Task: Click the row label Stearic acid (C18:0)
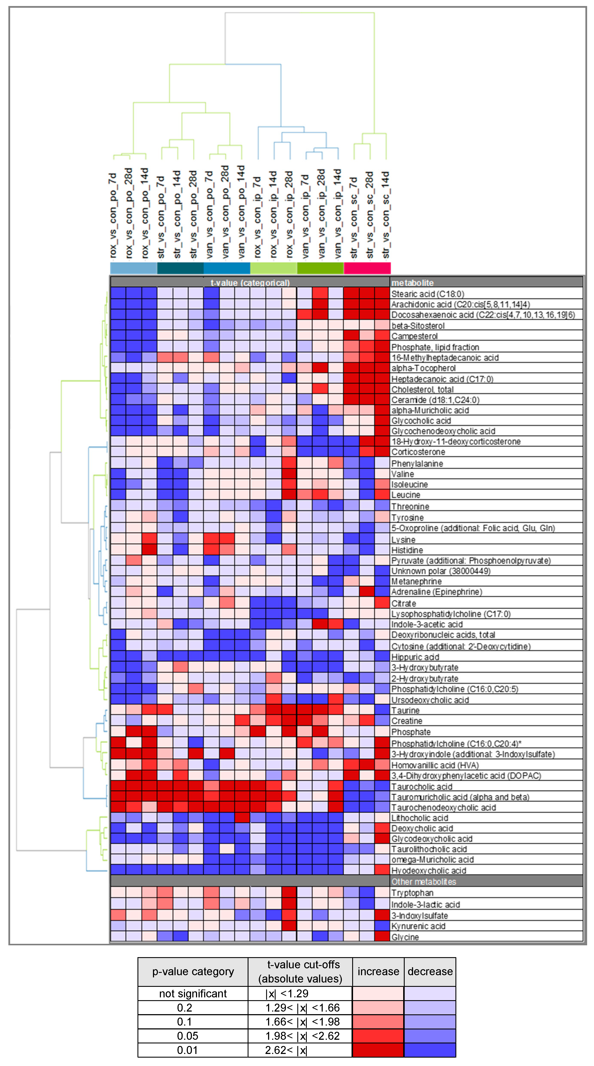pos(428,294)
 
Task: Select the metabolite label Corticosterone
pos(418,452)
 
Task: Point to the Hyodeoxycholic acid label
pos(428,871)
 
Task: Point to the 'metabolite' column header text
pos(412,283)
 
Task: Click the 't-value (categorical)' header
pos(250,283)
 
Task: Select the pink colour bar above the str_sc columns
pos(367,268)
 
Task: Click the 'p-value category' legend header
pos(193,971)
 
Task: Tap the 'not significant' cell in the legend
pos(193,993)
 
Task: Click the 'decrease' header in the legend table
pos(430,971)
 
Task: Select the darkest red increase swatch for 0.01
pos(378,1050)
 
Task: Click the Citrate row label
pos(404,603)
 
